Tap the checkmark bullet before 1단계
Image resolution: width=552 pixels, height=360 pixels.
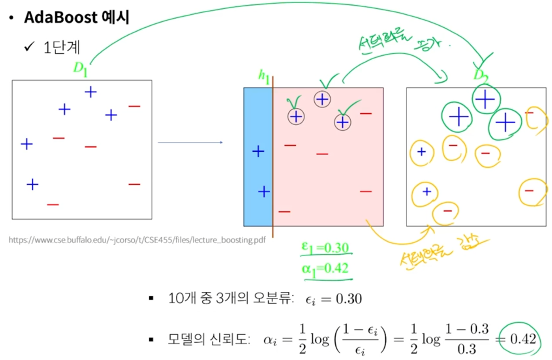(29, 47)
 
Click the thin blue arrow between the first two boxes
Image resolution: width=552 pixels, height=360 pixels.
(190, 142)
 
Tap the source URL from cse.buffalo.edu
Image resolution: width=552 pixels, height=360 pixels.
(137, 240)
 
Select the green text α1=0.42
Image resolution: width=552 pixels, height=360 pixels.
(325, 268)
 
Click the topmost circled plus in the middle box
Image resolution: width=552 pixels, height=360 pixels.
(322, 100)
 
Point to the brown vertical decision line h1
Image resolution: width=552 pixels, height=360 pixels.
(273, 174)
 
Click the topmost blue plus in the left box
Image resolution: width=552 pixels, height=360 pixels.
(90, 92)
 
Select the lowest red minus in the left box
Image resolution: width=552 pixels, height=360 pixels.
(53, 204)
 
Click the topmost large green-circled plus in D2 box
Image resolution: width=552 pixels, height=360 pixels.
(485, 100)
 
